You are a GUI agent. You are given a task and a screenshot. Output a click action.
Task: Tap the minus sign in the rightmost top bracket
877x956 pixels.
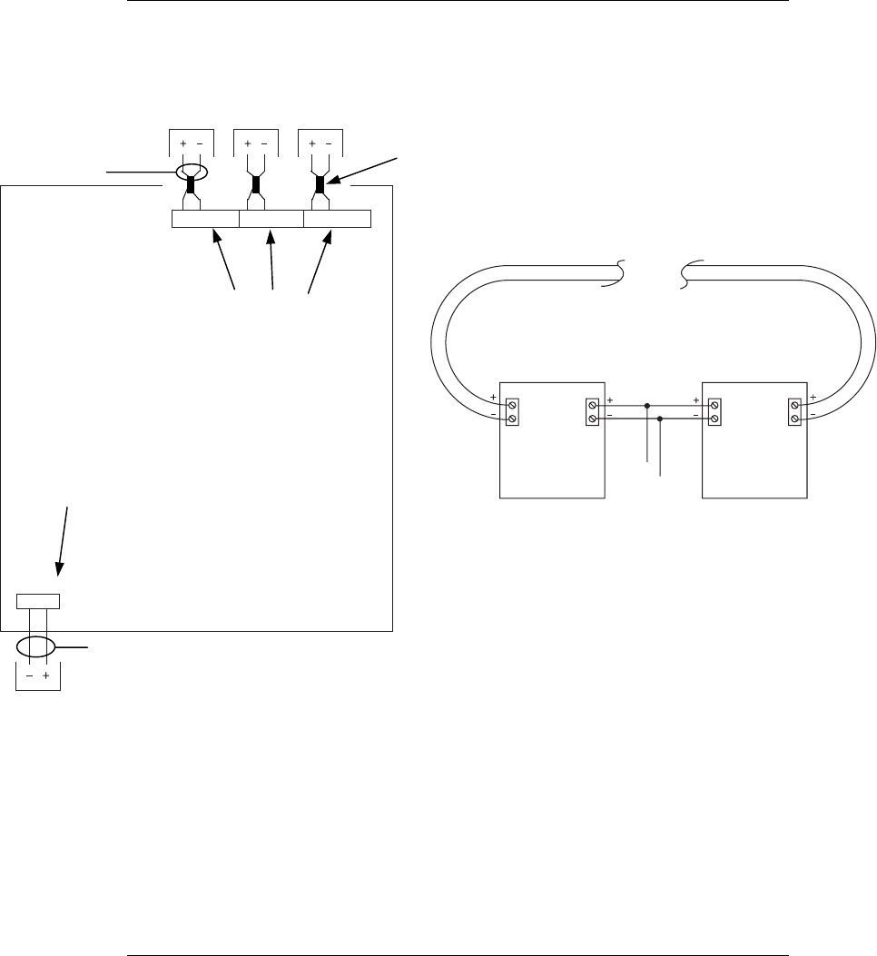(329, 143)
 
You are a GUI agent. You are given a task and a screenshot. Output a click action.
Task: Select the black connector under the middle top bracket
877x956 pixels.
(256, 185)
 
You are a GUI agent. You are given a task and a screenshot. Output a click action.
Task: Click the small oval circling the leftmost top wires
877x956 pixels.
(192, 172)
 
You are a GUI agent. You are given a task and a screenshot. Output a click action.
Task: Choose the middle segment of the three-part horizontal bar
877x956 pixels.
(271, 218)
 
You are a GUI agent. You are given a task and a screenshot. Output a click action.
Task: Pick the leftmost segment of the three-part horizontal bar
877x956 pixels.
(205, 218)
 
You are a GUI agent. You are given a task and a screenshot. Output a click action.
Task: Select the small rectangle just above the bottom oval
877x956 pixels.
(39, 600)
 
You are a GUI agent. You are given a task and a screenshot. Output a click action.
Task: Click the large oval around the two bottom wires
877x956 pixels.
(36, 647)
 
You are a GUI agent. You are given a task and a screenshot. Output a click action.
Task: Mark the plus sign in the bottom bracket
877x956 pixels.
(45, 677)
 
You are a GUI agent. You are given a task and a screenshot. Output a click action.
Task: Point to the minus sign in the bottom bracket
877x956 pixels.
(29, 677)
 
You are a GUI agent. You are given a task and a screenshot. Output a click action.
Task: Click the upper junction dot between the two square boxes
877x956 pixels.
(646, 406)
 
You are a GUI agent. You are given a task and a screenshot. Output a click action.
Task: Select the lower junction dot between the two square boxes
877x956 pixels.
(660, 419)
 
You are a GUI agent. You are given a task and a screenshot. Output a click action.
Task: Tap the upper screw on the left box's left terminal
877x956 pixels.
(511, 405)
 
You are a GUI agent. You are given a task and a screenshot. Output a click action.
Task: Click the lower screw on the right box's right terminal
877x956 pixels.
(795, 419)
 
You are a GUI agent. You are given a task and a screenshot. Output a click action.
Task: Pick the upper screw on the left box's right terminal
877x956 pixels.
(593, 405)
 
